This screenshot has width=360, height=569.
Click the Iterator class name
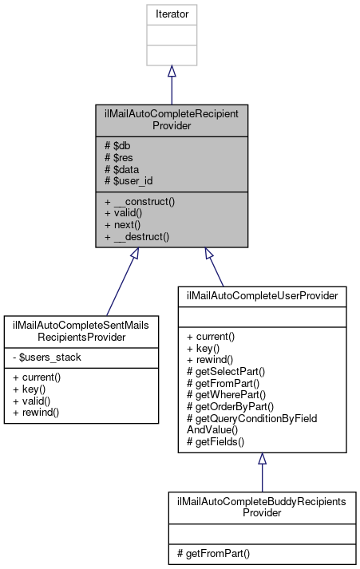click(x=171, y=14)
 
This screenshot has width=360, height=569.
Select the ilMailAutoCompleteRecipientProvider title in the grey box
click(x=171, y=120)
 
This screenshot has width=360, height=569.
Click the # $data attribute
click(x=120, y=169)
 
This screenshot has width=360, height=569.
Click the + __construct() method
click(x=139, y=202)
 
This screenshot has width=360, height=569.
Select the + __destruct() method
click(x=136, y=237)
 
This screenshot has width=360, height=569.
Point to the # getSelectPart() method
click(x=219, y=371)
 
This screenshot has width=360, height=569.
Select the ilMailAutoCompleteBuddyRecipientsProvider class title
click(x=262, y=508)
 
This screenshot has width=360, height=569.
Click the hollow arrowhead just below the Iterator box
click(x=171, y=71)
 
